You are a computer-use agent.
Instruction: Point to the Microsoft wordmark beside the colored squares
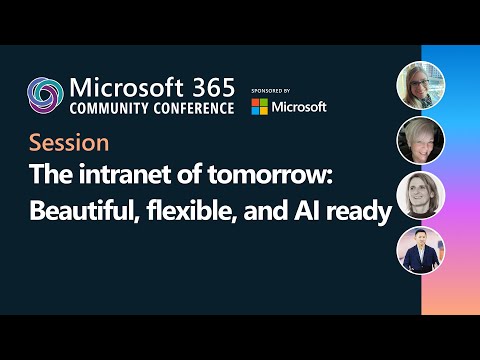(x=299, y=106)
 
